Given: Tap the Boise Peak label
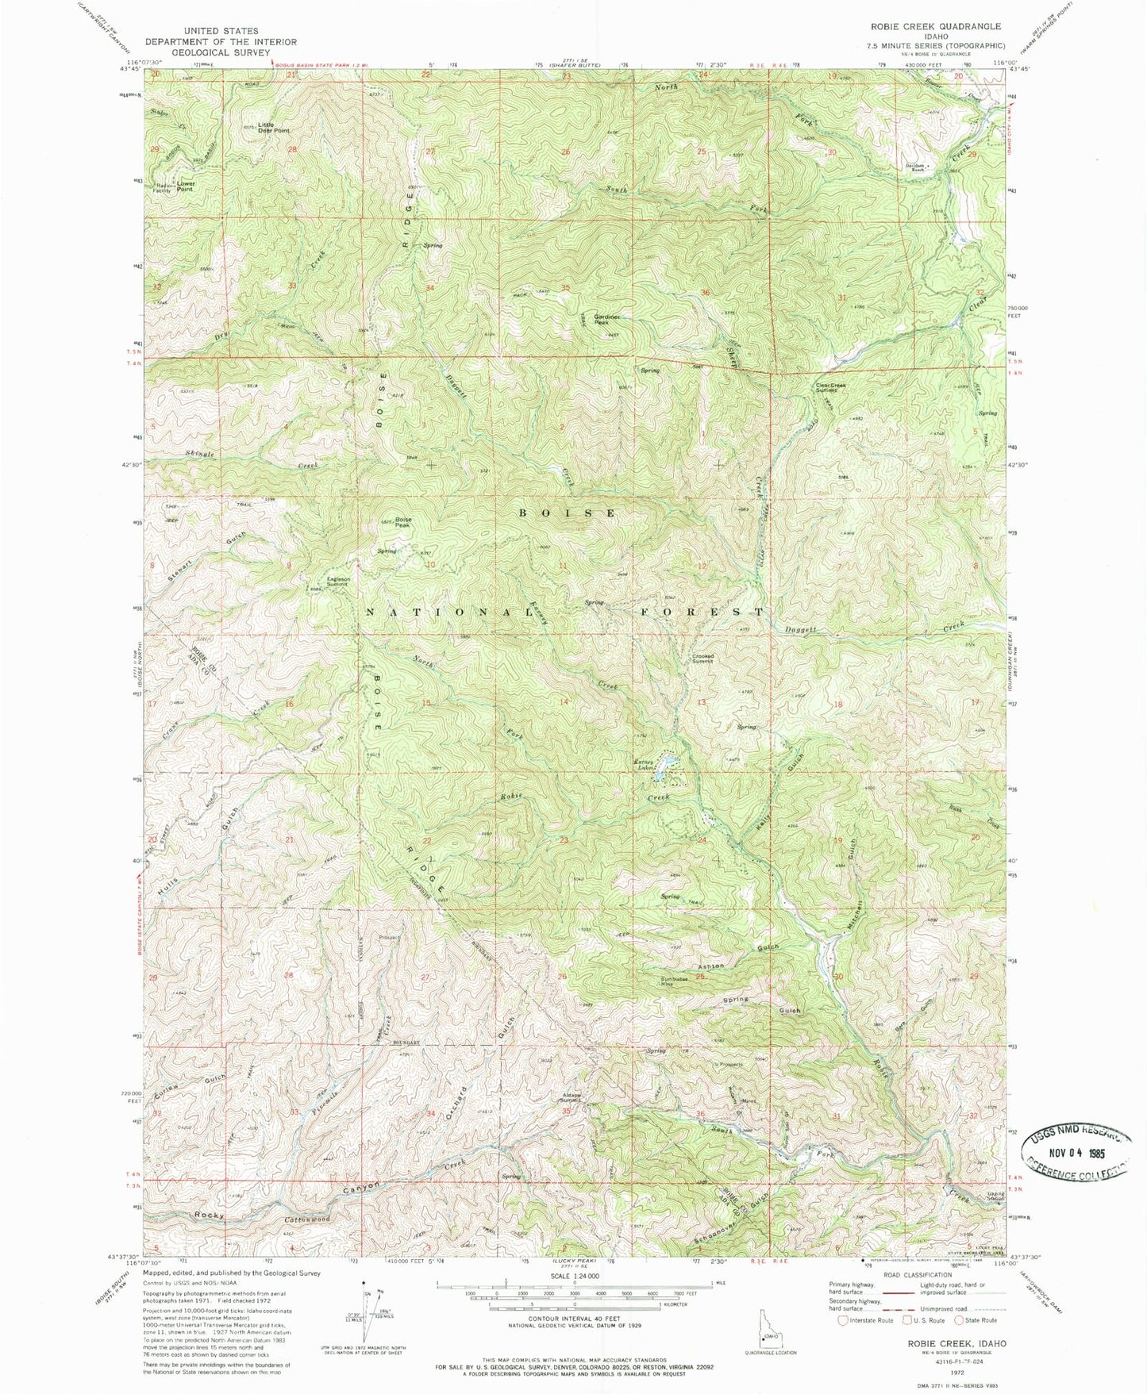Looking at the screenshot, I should (403, 523).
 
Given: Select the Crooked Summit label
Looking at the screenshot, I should (702, 658).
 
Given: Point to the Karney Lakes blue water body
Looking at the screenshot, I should (670, 762).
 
